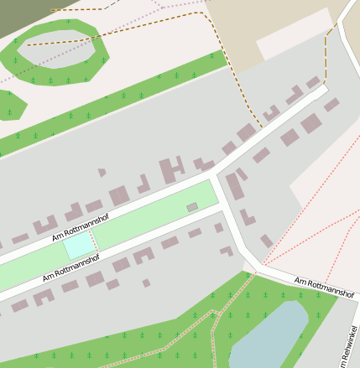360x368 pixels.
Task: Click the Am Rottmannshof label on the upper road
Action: tap(81, 228)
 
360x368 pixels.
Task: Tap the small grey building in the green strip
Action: tap(192, 206)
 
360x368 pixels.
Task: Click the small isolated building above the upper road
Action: tap(102, 173)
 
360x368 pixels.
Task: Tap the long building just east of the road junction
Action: tap(235, 187)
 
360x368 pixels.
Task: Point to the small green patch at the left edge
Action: tap(11, 105)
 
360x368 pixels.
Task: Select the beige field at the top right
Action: tap(252, 21)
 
